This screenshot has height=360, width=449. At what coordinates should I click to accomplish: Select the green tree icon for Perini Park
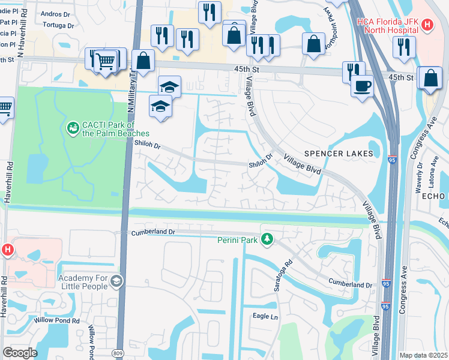[266, 239]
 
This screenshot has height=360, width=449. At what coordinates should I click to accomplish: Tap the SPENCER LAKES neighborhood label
[339, 154]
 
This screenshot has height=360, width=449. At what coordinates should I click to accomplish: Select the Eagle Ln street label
[265, 316]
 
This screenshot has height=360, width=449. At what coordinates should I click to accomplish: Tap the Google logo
[20, 352]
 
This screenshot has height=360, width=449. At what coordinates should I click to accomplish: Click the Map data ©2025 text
[423, 355]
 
